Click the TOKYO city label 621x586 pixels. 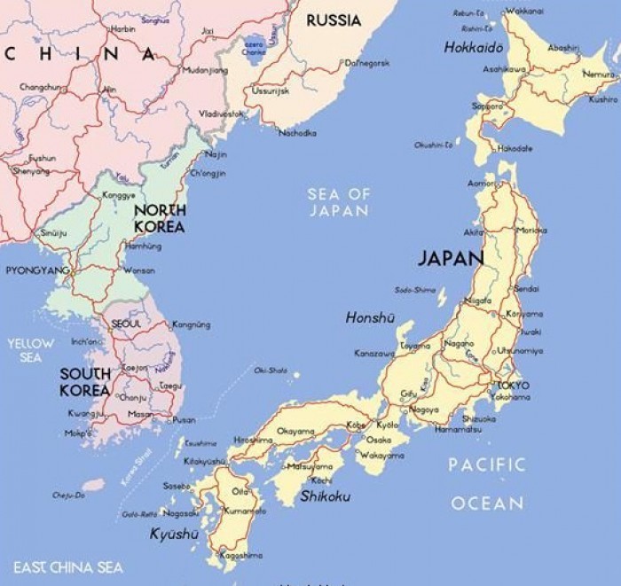pyautogui.click(x=514, y=386)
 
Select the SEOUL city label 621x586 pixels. pyautogui.click(x=126, y=324)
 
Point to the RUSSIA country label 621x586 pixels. pyautogui.click(x=333, y=20)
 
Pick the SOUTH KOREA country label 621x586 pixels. pyautogui.click(x=85, y=382)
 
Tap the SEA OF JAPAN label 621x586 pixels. pyautogui.click(x=338, y=202)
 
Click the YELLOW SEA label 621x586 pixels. pyautogui.click(x=30, y=349)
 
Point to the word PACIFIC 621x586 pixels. pyautogui.click(x=486, y=464)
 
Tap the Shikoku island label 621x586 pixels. pyautogui.click(x=325, y=496)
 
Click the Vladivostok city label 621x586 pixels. pyautogui.click(x=221, y=114)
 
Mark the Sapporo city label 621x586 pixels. pyautogui.click(x=487, y=105)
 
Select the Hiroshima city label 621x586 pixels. pyautogui.click(x=252, y=440)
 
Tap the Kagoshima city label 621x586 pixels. pyautogui.click(x=240, y=555)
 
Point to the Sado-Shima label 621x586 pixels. pyautogui.click(x=415, y=290)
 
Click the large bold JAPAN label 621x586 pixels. pyautogui.click(x=451, y=259)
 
